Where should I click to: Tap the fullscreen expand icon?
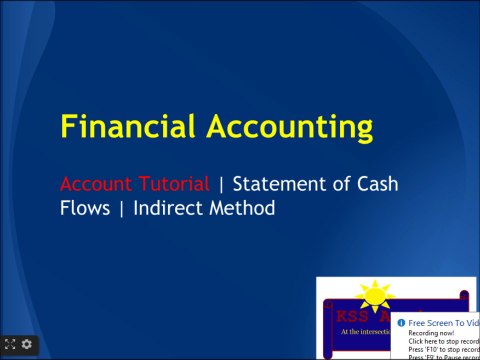(11, 344)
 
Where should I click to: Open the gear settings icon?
(27, 344)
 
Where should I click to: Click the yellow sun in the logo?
(375, 296)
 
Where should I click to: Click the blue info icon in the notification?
(400, 323)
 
